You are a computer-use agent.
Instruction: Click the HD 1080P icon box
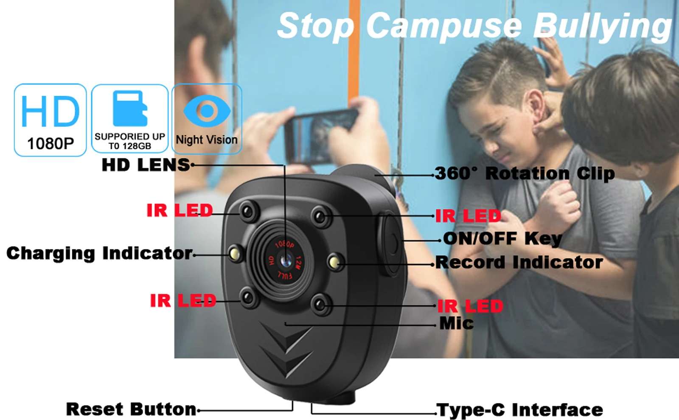pos(51,120)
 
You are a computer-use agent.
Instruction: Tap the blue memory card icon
pos(130,108)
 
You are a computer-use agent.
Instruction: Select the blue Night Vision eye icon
pos(207,111)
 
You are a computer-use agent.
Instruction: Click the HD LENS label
pos(146,165)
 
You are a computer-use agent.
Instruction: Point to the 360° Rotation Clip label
pos(525,174)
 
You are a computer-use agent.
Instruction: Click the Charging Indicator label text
pos(99,253)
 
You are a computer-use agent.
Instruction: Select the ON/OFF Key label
pos(502,239)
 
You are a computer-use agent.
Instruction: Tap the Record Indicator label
pos(519,262)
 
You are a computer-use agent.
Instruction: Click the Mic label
pos(457,323)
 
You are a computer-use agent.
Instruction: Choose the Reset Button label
pos(131,409)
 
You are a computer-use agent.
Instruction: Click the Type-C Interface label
pos(519,410)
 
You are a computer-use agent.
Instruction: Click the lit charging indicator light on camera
pos(235,253)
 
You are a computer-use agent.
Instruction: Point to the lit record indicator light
pos(334,261)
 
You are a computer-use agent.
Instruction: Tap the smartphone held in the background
pos(321,136)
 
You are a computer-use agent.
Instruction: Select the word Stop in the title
pos(316,26)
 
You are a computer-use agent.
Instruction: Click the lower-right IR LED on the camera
pos(320,304)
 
